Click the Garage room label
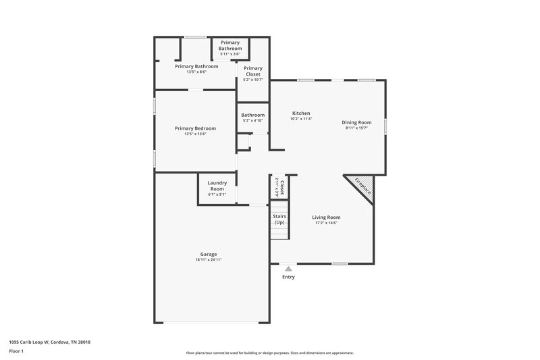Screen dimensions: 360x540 pos(208,254)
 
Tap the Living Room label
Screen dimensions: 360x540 pos(326,217)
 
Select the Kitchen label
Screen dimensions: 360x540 pos(301,113)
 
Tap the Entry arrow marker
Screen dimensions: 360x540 pos(288,268)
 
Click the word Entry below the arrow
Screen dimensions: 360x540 pos(288,277)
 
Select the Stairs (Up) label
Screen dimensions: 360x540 pos(279,220)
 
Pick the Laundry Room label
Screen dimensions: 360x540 pos(217,185)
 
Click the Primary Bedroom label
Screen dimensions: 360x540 pos(195,128)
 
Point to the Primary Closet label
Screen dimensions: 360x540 pos(253,71)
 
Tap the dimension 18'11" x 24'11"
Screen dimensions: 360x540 pos(208,260)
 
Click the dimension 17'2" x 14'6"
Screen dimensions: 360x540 pos(326,223)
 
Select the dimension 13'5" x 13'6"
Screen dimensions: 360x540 pos(195,134)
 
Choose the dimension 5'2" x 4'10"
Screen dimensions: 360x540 pos(252,121)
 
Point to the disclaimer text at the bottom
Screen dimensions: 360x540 pos(269,353)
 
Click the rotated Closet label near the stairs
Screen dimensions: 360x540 pos(282,187)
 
